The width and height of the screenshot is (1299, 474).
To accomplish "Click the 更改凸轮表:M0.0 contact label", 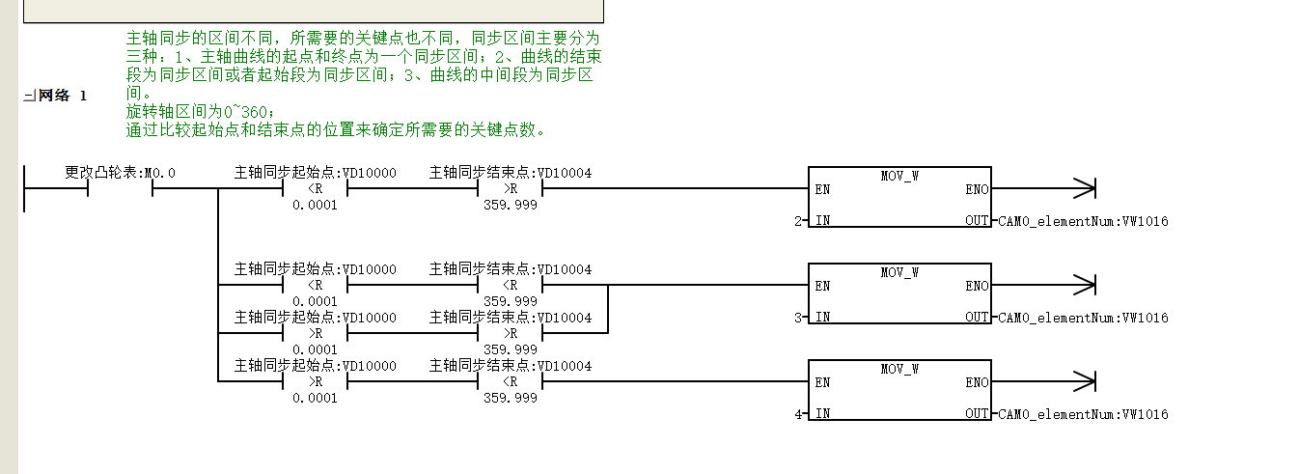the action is pyautogui.click(x=120, y=172).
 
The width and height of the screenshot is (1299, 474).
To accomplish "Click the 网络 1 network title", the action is pyautogui.click(x=63, y=96).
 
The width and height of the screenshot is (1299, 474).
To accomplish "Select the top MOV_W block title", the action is pyautogui.click(x=899, y=176).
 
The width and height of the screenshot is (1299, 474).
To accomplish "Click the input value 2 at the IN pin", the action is pyautogui.click(x=798, y=221).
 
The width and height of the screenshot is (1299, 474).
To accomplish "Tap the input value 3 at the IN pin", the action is pyautogui.click(x=798, y=318).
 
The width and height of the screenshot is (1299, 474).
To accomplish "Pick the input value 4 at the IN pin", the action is pyautogui.click(x=798, y=414).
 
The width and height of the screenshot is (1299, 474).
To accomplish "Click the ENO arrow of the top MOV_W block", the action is pyautogui.click(x=1044, y=188).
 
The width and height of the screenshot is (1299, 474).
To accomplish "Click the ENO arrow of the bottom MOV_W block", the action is pyautogui.click(x=1044, y=381).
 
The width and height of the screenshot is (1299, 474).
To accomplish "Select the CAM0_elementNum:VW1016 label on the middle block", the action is pyautogui.click(x=1083, y=318).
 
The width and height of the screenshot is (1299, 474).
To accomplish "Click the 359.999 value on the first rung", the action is pyautogui.click(x=511, y=205).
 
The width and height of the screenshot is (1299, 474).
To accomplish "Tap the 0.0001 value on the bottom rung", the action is pyautogui.click(x=315, y=398).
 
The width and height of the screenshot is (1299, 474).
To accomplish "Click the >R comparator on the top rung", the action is pyautogui.click(x=511, y=188).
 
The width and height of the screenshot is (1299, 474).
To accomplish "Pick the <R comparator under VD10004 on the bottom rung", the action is pyautogui.click(x=511, y=381).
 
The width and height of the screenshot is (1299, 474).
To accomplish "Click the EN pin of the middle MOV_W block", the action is pyautogui.click(x=822, y=286).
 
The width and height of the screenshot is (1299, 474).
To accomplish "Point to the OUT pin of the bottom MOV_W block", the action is pyautogui.click(x=977, y=413).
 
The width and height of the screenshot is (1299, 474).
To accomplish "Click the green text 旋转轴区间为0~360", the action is pyautogui.click(x=200, y=112).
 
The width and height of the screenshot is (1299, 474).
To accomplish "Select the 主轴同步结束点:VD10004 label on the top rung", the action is pyautogui.click(x=511, y=172).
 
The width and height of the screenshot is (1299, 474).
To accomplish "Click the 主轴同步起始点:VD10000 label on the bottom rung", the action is pyautogui.click(x=316, y=366).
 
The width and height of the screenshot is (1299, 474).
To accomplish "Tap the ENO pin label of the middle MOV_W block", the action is pyautogui.click(x=977, y=286).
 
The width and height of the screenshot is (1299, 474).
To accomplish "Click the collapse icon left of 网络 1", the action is pyautogui.click(x=30, y=96).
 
